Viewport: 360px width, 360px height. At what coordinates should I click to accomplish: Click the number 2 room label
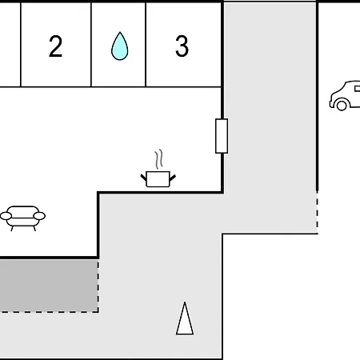pyautogui.click(x=55, y=46)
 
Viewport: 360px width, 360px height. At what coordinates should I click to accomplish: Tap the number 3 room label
pyautogui.click(x=182, y=46)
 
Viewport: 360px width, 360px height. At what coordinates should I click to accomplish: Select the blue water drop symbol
pyautogui.click(x=119, y=46)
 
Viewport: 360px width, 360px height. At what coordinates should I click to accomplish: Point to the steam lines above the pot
pyautogui.click(x=158, y=159)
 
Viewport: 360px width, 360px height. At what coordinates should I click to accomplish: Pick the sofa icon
pyautogui.click(x=22, y=218)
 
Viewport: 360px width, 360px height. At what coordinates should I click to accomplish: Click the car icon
pyautogui.click(x=345, y=95)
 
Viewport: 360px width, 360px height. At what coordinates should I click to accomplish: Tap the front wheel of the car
pyautogui.click(x=342, y=106)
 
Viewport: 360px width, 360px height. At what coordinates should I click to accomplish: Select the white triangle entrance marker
pyautogui.click(x=185, y=318)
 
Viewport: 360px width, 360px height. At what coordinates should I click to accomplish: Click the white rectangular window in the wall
pyautogui.click(x=222, y=136)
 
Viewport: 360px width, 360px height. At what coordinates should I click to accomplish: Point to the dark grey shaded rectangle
pyautogui.click(x=49, y=286)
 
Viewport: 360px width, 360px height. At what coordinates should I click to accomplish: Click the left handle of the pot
pyautogui.click(x=144, y=178)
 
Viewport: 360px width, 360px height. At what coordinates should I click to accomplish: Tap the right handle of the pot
pyautogui.click(x=173, y=178)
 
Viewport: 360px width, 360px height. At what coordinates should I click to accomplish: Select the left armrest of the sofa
pyautogui.click(x=6, y=216)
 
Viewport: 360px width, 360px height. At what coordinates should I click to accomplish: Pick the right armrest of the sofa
pyautogui.click(x=39, y=216)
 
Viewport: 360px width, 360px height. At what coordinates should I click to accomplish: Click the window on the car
pyautogui.click(x=358, y=89)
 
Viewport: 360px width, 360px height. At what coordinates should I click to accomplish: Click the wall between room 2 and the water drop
pyautogui.click(x=91, y=45)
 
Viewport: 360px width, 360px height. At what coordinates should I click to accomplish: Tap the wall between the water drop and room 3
pyautogui.click(x=146, y=45)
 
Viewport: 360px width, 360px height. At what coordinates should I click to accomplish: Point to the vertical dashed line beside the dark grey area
pyautogui.click(x=98, y=286)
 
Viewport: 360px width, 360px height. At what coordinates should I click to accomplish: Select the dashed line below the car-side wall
pyautogui.click(x=317, y=213)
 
